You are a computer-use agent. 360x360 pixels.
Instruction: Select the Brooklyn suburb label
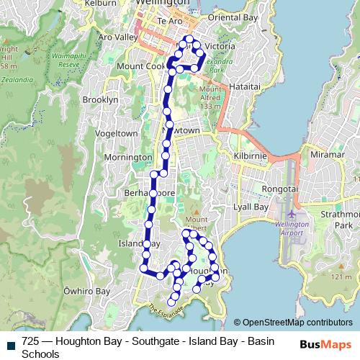(x=100, y=99)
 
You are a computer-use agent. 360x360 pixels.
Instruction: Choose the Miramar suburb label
(x=328, y=155)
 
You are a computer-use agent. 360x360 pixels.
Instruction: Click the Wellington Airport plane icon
(x=291, y=215)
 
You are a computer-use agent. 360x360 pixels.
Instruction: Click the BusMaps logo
(x=326, y=344)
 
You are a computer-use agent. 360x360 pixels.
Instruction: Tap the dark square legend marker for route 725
(x=9, y=343)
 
